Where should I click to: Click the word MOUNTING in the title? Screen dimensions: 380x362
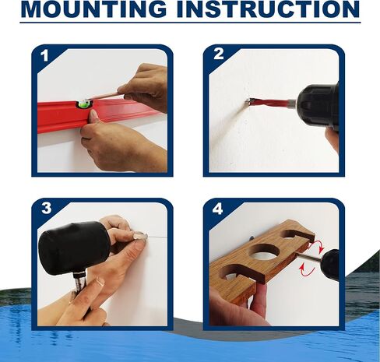pyautogui.click(x=93, y=9)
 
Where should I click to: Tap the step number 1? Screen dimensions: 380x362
pyautogui.click(x=45, y=56)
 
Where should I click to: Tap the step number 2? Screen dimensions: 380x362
pyautogui.click(x=219, y=54)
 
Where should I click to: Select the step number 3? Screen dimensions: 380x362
pyautogui.click(x=47, y=209)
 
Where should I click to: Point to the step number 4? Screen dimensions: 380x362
pyautogui.click(x=217, y=209)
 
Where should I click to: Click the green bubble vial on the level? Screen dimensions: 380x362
pyautogui.click(x=83, y=104)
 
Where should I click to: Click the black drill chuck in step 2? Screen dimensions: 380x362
pyautogui.click(x=318, y=107)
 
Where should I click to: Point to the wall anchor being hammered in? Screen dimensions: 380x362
pyautogui.click(x=142, y=236)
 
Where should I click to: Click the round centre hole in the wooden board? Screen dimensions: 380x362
pyautogui.click(x=264, y=251)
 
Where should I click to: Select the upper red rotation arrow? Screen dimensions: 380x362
pyautogui.click(x=318, y=246)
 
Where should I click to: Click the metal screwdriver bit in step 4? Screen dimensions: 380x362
pyautogui.click(x=309, y=256)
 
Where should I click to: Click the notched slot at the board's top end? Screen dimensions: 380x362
pyautogui.click(x=297, y=234)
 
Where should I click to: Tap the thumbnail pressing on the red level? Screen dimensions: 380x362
pyautogui.click(x=93, y=115)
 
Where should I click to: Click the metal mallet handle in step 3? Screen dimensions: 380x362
pyautogui.click(x=79, y=283)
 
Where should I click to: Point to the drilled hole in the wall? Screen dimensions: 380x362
pyautogui.click(x=246, y=103)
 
